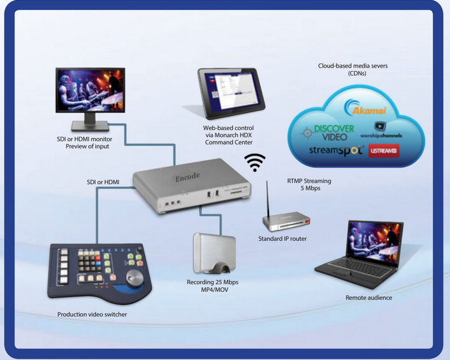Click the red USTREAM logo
click(x=384, y=152)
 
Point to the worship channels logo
click(x=381, y=133)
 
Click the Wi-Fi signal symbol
click(x=256, y=163)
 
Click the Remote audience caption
click(x=368, y=298)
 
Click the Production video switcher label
click(x=96, y=315)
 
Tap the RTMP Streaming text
click(x=308, y=181)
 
